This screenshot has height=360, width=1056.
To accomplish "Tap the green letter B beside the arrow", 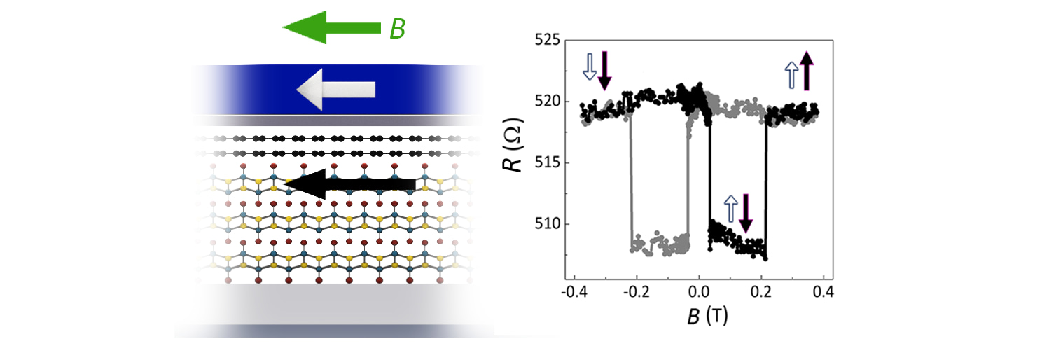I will click(397, 29).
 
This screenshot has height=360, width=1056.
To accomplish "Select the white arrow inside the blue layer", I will click(335, 90).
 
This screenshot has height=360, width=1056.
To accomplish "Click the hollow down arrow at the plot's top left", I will click(590, 68).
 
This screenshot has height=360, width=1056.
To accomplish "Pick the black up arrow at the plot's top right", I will click(805, 71).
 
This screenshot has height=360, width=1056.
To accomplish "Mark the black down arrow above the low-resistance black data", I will click(745, 212).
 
